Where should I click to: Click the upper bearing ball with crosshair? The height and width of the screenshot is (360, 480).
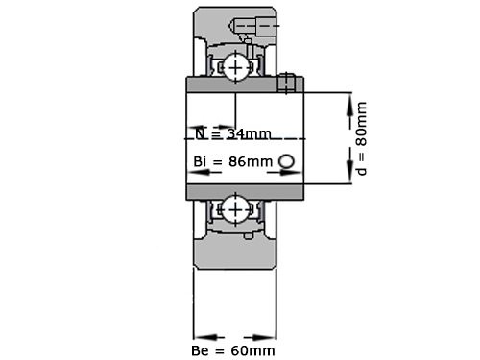click(x=235, y=66)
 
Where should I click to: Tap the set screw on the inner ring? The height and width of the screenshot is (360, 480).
click(x=285, y=84)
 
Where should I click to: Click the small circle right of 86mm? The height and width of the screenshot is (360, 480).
click(x=286, y=161)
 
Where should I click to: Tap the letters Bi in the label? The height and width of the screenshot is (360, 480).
click(x=202, y=161)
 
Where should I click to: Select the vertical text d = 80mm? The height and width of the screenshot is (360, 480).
click(x=362, y=138)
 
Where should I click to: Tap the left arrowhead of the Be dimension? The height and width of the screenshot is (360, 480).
click(x=203, y=337)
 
